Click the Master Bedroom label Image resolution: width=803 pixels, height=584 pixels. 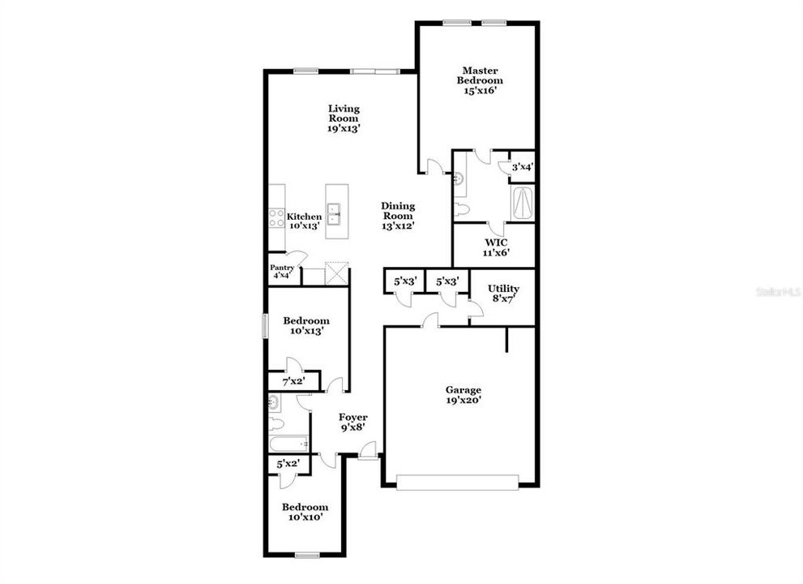(479, 80)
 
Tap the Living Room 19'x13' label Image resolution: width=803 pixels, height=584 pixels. (344, 118)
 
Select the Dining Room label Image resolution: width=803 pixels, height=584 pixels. (398, 216)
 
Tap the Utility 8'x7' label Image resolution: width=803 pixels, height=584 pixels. (503, 294)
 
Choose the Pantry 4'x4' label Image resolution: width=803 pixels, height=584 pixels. (282, 272)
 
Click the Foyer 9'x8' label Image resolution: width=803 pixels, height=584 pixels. (352, 423)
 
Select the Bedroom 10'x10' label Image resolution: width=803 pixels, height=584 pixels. (305, 512)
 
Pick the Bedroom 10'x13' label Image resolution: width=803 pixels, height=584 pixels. (306, 325)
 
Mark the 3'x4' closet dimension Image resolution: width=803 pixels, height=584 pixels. (521, 167)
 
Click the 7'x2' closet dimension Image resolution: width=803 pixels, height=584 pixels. (292, 380)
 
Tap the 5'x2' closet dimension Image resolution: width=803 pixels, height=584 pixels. (288, 464)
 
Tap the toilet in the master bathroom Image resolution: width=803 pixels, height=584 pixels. (463, 210)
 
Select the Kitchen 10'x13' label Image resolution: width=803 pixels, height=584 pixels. (305, 221)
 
